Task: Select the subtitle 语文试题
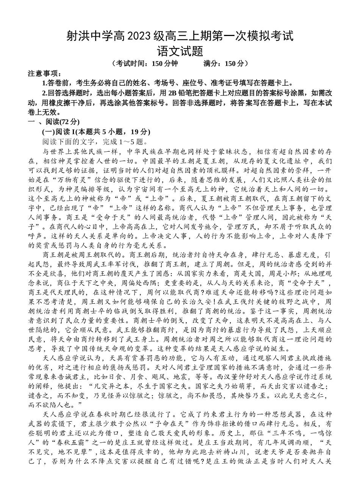click(180, 50)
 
